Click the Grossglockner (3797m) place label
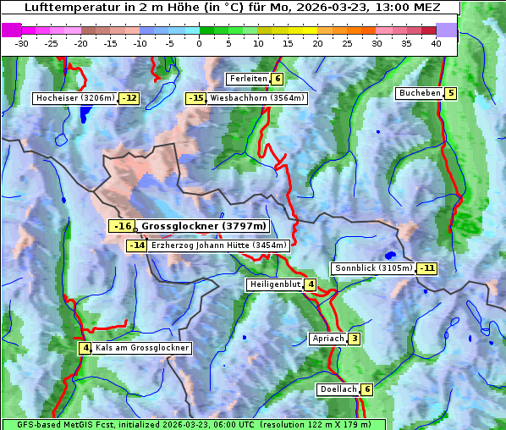[x=203, y=226]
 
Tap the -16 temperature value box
[x=123, y=226]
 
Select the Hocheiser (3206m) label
[x=74, y=98]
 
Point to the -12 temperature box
[x=129, y=98]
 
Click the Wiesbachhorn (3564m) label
[x=257, y=98]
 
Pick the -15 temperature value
[x=195, y=98]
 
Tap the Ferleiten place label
[x=249, y=79]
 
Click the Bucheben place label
[x=420, y=93]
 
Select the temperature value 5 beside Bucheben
[x=451, y=93]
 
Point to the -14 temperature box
[x=137, y=245]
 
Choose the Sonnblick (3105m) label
[x=373, y=268]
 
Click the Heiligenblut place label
[x=275, y=284]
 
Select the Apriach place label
[x=328, y=339]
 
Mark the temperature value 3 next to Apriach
[x=355, y=339]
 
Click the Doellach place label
[x=338, y=389]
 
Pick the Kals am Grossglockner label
[x=141, y=348]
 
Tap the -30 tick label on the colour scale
[x=22, y=42]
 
